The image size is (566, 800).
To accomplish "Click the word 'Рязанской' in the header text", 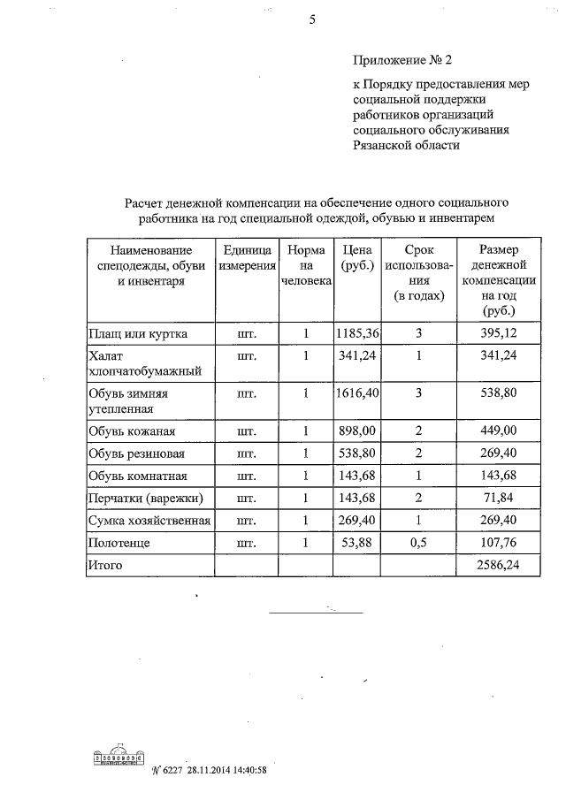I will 382,146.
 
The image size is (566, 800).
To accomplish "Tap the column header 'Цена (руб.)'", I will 356,257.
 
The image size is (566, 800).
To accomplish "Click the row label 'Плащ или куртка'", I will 137,334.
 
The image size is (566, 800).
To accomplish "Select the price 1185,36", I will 357,333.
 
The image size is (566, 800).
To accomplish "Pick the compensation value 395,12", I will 499,334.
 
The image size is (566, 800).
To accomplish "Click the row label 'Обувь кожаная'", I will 132,431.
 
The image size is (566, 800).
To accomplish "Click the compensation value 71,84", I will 499,499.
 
